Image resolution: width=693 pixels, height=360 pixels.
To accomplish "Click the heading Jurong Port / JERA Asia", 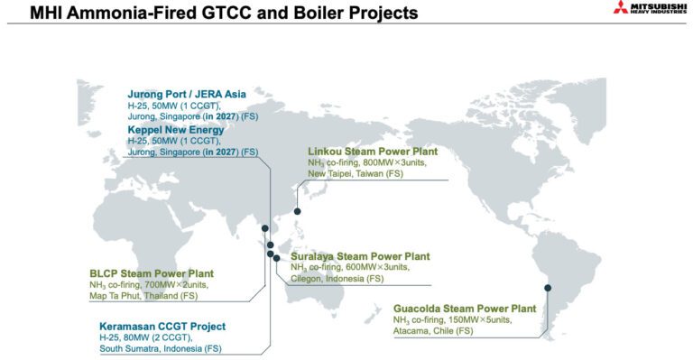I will tap(186, 94).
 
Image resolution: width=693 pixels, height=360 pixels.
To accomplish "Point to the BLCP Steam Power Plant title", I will tap(152, 273).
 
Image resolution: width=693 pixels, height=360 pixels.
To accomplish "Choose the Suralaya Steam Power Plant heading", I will tap(360, 256).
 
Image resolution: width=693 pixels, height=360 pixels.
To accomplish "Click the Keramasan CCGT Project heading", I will tap(162, 326).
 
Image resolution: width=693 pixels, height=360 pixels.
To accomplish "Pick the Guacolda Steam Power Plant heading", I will tap(464, 309).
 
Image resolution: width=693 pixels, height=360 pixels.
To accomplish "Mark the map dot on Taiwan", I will tap(298, 211).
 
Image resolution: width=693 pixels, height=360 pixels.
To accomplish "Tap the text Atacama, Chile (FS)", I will tap(432, 331).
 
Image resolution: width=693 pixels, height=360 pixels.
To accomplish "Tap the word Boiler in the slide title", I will tap(301, 14).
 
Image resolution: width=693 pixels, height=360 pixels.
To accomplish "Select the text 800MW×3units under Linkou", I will tap(388, 162).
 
